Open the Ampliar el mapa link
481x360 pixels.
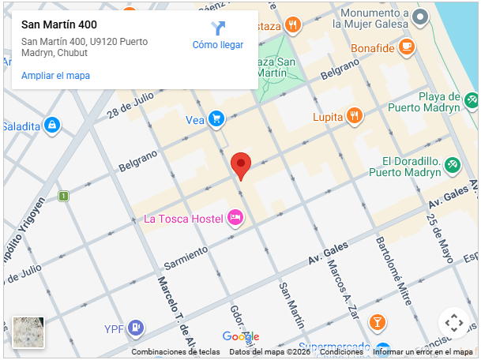coord(55,76)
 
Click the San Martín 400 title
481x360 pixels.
coord(59,24)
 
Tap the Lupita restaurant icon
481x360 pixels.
coord(354,116)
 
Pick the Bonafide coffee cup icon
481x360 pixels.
coord(407,47)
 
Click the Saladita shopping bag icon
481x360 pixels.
coord(52,126)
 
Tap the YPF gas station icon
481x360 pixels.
coord(136,328)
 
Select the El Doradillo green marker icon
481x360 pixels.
coord(453,165)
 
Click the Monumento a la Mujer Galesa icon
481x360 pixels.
coord(420,17)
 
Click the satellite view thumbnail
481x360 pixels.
coord(28,332)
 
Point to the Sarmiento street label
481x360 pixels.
coord(185,256)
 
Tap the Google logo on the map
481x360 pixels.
coord(241,336)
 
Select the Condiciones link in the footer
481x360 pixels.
coord(342,352)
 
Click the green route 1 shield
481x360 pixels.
coord(63,195)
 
